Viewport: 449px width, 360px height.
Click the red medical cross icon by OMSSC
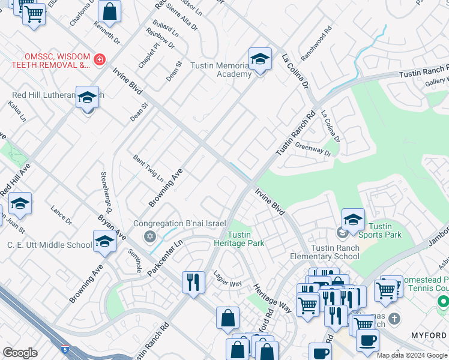point(99,59)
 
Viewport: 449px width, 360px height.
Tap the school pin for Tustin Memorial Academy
point(259,59)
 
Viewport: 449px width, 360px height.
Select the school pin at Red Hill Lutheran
point(87,98)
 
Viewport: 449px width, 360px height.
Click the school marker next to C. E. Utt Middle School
point(104,242)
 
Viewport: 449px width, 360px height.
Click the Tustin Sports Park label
point(384,230)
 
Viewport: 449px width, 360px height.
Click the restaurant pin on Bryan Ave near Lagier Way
point(193,281)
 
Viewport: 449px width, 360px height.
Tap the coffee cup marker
point(367,340)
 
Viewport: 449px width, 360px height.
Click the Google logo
point(20,352)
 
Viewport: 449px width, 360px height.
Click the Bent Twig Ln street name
point(148,168)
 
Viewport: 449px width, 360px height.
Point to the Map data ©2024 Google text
point(412,355)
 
